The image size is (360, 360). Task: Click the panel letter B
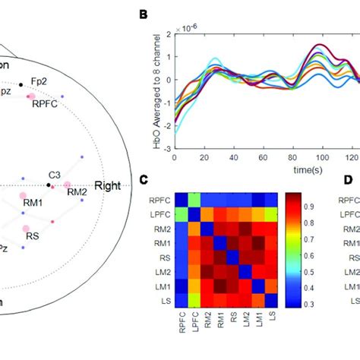pos(144,13)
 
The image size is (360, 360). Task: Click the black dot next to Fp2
pos(21,83)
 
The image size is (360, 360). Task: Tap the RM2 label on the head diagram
pos(77,192)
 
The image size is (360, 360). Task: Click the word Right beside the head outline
pos(107,185)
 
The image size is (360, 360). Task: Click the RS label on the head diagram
pos(33,236)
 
